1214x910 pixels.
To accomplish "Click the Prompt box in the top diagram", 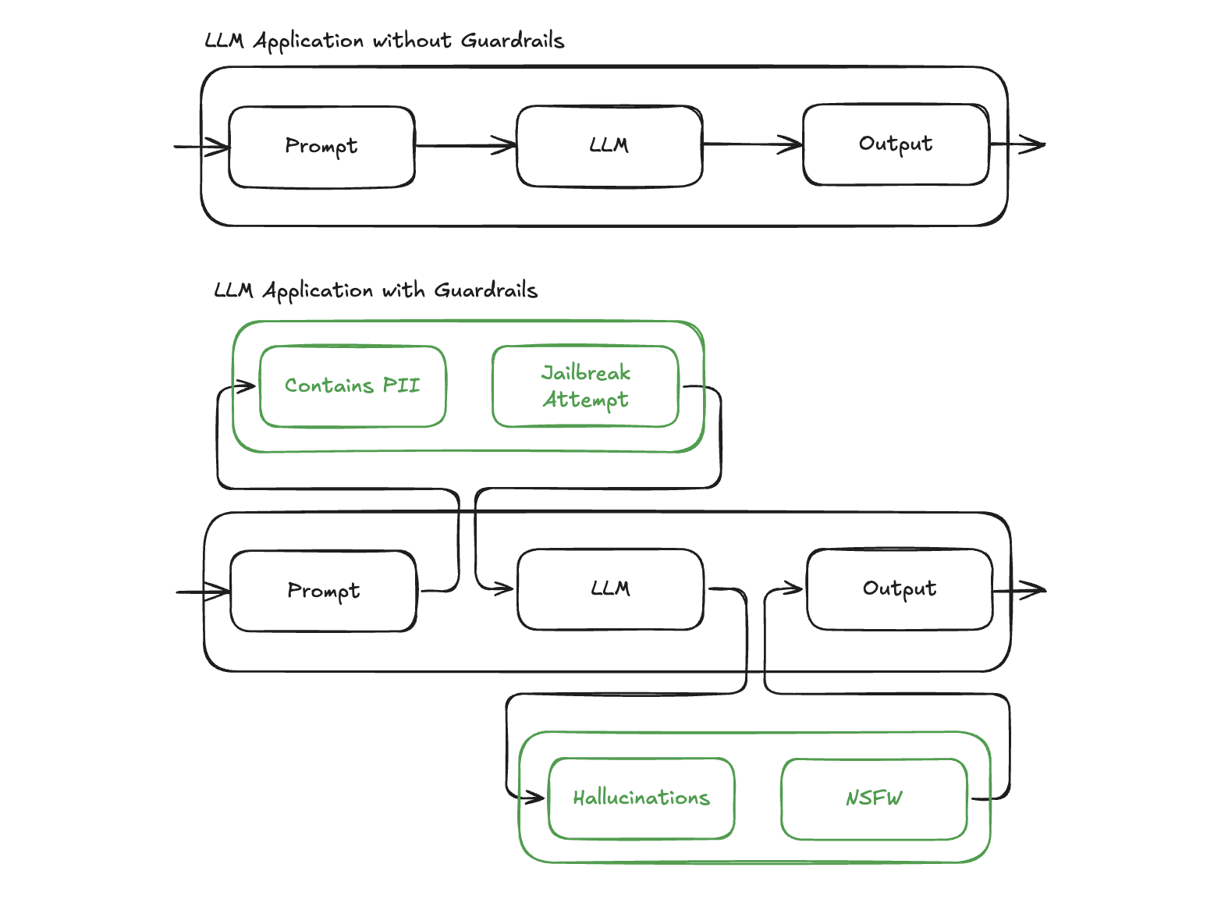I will click(321, 147).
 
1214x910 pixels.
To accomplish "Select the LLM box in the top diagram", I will click(609, 146).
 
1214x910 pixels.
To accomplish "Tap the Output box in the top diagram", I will click(896, 144).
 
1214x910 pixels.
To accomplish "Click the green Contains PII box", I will click(353, 386).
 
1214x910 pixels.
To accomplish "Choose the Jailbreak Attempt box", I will click(585, 386).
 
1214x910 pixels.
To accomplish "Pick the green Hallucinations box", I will click(641, 798).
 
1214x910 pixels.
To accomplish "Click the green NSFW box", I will click(874, 798).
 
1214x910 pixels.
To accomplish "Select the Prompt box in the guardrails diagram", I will click(324, 591).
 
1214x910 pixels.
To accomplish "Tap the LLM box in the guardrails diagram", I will click(610, 589).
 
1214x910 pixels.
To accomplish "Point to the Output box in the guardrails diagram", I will click(900, 589).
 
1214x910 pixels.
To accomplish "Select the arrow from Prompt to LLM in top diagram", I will click(466, 145).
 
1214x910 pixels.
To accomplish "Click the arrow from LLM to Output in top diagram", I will click(753, 144).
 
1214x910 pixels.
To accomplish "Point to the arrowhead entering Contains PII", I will click(247, 386).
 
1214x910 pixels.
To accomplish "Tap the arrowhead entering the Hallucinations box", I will click(535, 798).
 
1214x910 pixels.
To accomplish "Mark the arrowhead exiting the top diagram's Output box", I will click(1035, 144).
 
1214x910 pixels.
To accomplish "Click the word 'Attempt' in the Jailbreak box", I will click(585, 400).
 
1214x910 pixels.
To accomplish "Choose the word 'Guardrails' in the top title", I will click(512, 41).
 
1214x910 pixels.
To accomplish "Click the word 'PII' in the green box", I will click(401, 386).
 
